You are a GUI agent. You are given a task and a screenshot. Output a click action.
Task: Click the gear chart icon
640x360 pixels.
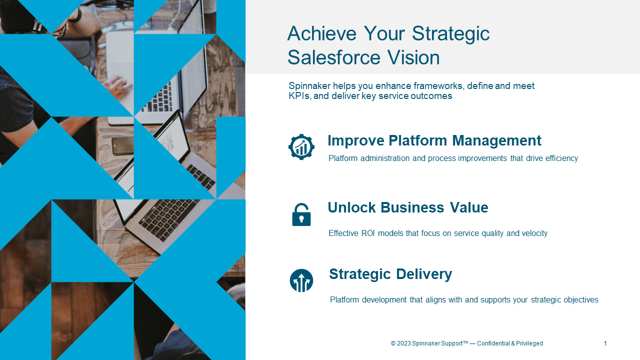click(x=301, y=147)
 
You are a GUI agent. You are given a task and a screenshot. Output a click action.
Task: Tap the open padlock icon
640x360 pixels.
click(x=301, y=214)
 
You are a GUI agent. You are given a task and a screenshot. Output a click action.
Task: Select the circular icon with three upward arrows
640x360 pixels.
click(x=301, y=280)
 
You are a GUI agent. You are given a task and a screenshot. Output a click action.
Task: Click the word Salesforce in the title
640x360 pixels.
click(x=334, y=57)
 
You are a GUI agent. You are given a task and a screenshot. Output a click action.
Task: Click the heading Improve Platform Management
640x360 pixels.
click(x=434, y=140)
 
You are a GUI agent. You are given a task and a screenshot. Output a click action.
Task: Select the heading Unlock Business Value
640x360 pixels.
click(x=408, y=207)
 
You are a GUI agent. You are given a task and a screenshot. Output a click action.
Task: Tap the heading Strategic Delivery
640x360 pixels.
click(x=390, y=274)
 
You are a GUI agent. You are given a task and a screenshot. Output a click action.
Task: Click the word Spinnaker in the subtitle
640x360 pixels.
click(x=309, y=86)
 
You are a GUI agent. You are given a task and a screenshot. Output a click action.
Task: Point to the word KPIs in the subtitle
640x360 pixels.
click(x=299, y=96)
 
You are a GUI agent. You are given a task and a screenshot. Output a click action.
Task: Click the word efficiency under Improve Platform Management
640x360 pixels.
click(x=561, y=158)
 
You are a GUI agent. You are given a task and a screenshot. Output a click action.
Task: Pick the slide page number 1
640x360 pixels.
click(x=605, y=343)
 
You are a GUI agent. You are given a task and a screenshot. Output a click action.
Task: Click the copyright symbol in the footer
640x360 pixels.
click(x=393, y=343)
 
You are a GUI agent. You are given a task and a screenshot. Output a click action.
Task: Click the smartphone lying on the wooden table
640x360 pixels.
click(x=123, y=145)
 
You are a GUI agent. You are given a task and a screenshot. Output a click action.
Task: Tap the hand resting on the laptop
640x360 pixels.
click(x=117, y=85)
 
